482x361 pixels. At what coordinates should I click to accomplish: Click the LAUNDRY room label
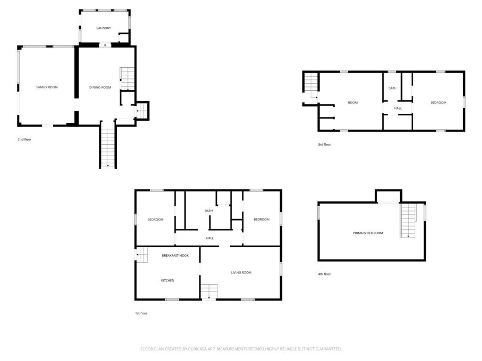[104, 28]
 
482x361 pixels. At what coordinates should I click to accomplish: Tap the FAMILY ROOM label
[47, 87]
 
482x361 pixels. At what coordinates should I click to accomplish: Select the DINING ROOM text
[100, 87]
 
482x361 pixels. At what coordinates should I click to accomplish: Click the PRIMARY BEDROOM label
[368, 233]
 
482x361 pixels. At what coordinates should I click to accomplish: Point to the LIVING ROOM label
[241, 272]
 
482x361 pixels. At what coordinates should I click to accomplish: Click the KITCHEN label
[168, 280]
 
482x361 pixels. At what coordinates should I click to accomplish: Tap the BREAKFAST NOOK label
[175, 255]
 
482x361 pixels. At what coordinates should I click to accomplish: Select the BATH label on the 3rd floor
[393, 88]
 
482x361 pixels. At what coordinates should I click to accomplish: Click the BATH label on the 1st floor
[209, 211]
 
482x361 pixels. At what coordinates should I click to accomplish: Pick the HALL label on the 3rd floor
[398, 108]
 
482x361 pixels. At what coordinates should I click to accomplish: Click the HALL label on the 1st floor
[210, 238]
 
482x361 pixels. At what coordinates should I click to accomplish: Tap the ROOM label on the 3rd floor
[353, 102]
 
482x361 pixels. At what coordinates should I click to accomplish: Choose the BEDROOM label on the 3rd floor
[438, 102]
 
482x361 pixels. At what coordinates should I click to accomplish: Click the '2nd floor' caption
[24, 139]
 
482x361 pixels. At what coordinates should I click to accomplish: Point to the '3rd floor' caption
[325, 144]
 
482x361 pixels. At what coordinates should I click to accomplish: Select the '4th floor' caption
[325, 274]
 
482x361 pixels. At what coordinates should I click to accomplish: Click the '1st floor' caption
[141, 313]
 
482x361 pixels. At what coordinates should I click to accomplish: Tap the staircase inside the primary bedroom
[408, 220]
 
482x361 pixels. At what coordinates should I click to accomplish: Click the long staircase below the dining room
[108, 149]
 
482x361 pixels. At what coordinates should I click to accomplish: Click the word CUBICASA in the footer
[197, 349]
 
